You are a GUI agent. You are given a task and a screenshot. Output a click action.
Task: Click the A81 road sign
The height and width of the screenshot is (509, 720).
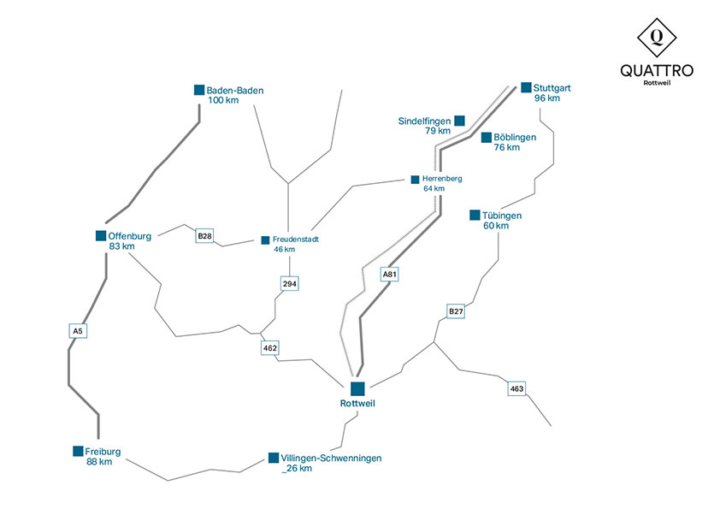tap(389, 275)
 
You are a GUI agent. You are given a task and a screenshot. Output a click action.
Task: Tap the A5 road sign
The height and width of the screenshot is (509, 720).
tap(78, 331)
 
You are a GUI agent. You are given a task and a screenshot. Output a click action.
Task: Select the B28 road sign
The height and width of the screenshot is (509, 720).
tap(204, 236)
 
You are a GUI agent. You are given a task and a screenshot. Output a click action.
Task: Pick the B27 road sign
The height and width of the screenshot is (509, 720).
tap(456, 311)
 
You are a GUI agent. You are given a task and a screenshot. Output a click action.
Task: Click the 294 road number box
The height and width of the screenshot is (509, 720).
tap(289, 284)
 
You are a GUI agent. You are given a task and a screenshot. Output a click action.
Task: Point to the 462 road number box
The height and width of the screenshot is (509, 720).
tap(270, 348)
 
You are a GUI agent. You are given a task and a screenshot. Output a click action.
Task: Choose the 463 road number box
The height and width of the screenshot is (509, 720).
tap(516, 388)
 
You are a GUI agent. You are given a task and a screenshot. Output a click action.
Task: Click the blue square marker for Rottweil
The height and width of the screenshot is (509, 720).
tap(357, 388)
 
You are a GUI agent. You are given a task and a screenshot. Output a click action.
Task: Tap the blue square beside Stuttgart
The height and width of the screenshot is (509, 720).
tap(526, 87)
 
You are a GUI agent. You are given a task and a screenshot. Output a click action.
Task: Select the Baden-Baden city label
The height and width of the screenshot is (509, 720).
tap(235, 91)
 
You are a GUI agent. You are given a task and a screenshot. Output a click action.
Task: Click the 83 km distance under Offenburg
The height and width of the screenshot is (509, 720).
tap(121, 246)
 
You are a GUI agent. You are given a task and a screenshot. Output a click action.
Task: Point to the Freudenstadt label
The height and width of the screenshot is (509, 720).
tap(296, 240)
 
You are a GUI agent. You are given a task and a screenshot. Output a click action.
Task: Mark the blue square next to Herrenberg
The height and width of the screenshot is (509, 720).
tap(415, 180)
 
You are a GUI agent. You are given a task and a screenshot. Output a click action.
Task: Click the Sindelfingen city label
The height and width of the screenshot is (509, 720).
tap(424, 121)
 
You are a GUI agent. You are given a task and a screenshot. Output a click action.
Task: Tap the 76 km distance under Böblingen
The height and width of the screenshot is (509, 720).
tap(507, 147)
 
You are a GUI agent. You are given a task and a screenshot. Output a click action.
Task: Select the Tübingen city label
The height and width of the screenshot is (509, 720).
tap(502, 216)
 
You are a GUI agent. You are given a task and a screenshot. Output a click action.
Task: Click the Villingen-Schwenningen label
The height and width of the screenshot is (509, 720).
tap(331, 458)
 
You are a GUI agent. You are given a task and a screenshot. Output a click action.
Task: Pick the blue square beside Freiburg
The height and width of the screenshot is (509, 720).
tap(78, 451)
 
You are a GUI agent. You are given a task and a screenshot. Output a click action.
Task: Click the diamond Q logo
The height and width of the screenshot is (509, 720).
tap(657, 38)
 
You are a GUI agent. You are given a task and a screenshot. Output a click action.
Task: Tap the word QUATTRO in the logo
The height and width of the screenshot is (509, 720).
tap(657, 71)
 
